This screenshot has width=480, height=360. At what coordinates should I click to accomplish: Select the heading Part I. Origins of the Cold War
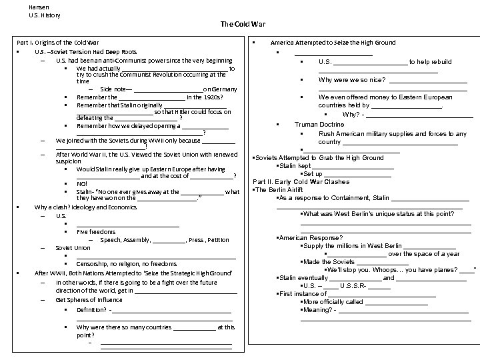(57, 43)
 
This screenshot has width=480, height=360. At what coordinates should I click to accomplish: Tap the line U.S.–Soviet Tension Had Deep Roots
(86, 51)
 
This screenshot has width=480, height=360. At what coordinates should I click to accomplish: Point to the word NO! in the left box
(81, 183)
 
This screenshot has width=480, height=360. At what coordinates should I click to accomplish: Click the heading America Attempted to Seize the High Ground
(333, 43)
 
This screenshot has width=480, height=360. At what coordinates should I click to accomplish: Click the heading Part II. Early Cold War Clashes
(301, 181)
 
